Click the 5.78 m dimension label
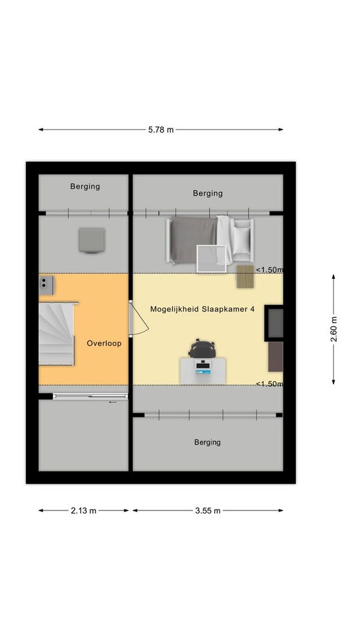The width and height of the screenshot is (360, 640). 160,130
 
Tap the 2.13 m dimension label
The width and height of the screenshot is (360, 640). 83,510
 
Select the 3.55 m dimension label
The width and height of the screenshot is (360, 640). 208,510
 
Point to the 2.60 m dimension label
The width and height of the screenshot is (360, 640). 334,329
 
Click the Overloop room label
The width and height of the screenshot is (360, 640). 104,343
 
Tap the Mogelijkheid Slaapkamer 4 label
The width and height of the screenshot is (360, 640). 202,309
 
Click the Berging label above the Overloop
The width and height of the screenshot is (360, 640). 85,187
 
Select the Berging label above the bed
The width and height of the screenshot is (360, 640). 208,194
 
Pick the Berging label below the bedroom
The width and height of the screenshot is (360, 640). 208,442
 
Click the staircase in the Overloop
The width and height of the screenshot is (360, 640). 57,333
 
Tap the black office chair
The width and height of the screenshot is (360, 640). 201,348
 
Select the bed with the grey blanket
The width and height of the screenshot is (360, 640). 210,241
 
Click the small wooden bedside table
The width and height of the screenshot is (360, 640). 245,277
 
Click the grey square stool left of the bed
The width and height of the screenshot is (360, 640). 91,241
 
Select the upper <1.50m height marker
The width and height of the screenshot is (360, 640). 269,270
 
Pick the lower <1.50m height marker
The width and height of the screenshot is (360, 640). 269,384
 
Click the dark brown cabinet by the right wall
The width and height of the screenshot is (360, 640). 275,357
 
